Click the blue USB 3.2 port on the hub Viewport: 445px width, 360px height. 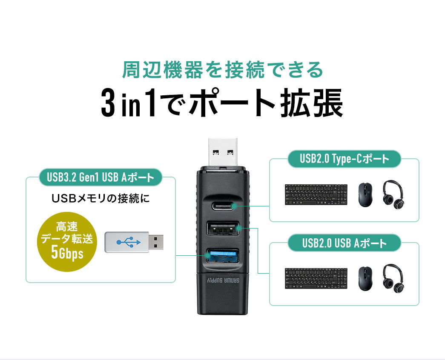coord(223,256)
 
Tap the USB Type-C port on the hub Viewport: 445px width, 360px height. coord(223,206)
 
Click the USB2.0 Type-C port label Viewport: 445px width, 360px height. coord(344,160)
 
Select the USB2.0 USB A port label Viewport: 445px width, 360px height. coord(344,243)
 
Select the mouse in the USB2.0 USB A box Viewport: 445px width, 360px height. coord(364,279)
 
